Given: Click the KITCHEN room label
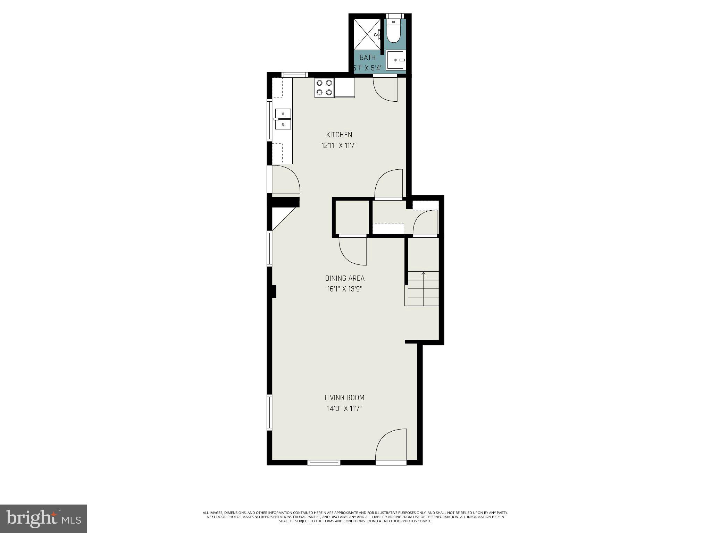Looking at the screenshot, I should tap(339, 135).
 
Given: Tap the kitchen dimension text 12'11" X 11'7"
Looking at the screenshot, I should tap(339, 146).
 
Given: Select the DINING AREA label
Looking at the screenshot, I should tap(344, 278).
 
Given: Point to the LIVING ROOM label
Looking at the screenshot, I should tap(344, 398).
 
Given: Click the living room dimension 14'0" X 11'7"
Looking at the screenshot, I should tap(344, 408).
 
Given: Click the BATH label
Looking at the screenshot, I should tap(367, 58).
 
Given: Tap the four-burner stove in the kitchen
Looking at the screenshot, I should tap(324, 88).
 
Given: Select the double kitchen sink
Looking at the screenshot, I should tap(283, 119).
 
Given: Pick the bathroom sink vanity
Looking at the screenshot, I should tap(395, 60).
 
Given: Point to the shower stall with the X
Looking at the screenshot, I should tap(367, 35).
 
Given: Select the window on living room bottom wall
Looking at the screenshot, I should tap(324, 462).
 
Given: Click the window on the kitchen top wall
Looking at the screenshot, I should tap(294, 75).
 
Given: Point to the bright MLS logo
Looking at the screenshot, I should tap(43, 518).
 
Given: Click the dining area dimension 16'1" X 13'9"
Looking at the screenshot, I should tap(344, 289).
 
